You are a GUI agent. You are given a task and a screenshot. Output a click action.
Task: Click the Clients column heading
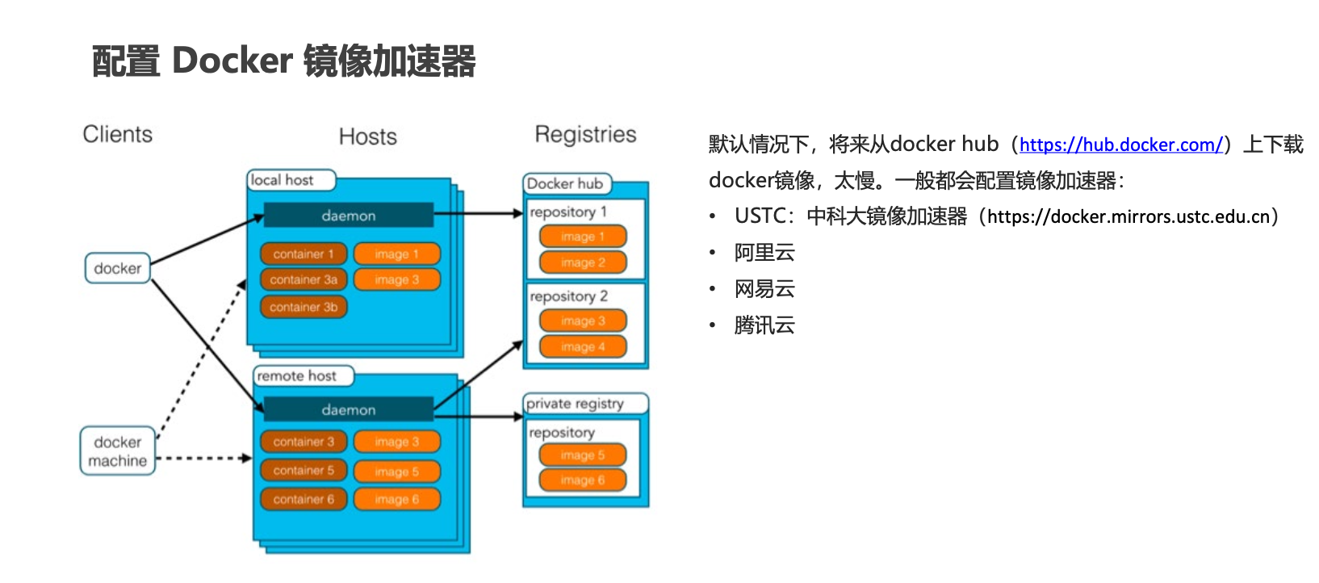pyautogui.click(x=117, y=134)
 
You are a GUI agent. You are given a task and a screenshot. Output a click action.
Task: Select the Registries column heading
pyautogui.click(x=585, y=134)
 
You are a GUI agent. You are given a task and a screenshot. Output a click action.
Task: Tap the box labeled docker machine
pyautogui.click(x=118, y=451)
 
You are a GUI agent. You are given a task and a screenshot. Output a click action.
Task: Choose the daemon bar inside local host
pyautogui.click(x=348, y=216)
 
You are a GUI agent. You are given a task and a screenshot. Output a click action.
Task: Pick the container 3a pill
pyautogui.click(x=304, y=279)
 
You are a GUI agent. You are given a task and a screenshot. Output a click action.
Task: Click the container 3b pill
pyautogui.click(x=304, y=307)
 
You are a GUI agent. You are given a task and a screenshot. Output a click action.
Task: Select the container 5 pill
pyautogui.click(x=304, y=470)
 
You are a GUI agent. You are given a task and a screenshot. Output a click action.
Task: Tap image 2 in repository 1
pyautogui.click(x=583, y=262)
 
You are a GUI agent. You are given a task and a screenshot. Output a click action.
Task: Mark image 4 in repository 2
pyautogui.click(x=583, y=347)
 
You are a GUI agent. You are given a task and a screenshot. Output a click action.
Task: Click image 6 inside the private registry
pyautogui.click(x=583, y=480)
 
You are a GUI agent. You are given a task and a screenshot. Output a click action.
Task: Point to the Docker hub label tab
pyautogui.click(x=566, y=184)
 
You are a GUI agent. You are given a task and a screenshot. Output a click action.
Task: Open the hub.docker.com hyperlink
pyautogui.click(x=1120, y=145)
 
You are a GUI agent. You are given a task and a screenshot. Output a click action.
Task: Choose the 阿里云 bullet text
pyautogui.click(x=764, y=253)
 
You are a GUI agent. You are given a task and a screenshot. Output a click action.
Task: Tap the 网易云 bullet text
pyautogui.click(x=764, y=289)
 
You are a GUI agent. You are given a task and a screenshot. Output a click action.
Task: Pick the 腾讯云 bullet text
pyautogui.click(x=764, y=325)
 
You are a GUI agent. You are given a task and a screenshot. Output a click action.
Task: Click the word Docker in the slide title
pyautogui.click(x=232, y=61)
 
